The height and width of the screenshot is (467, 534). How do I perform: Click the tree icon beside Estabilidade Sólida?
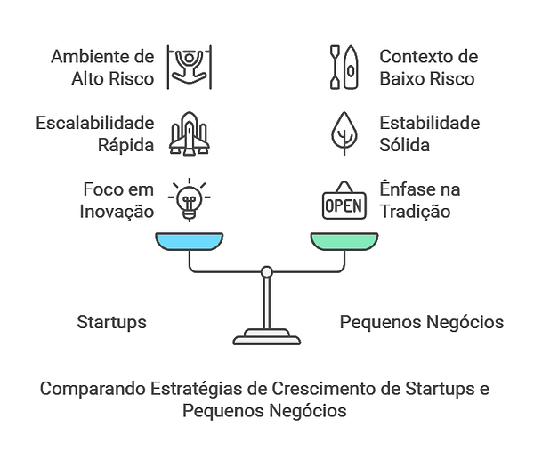click(x=344, y=133)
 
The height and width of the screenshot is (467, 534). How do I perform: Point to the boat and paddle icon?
click(x=344, y=67)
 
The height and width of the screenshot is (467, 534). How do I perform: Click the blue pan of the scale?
click(x=189, y=240)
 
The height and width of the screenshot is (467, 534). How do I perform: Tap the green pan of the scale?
click(x=344, y=240)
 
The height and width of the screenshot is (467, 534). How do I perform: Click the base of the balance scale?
click(x=265, y=337)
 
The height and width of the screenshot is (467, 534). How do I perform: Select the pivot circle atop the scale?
click(x=265, y=271)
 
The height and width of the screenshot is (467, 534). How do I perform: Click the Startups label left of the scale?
click(x=111, y=322)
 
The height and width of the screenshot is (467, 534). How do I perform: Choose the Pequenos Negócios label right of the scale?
click(x=422, y=322)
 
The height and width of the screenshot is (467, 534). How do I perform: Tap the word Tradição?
click(x=415, y=212)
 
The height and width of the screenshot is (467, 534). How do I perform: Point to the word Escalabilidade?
click(x=95, y=123)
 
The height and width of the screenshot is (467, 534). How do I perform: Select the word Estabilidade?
click(x=430, y=123)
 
